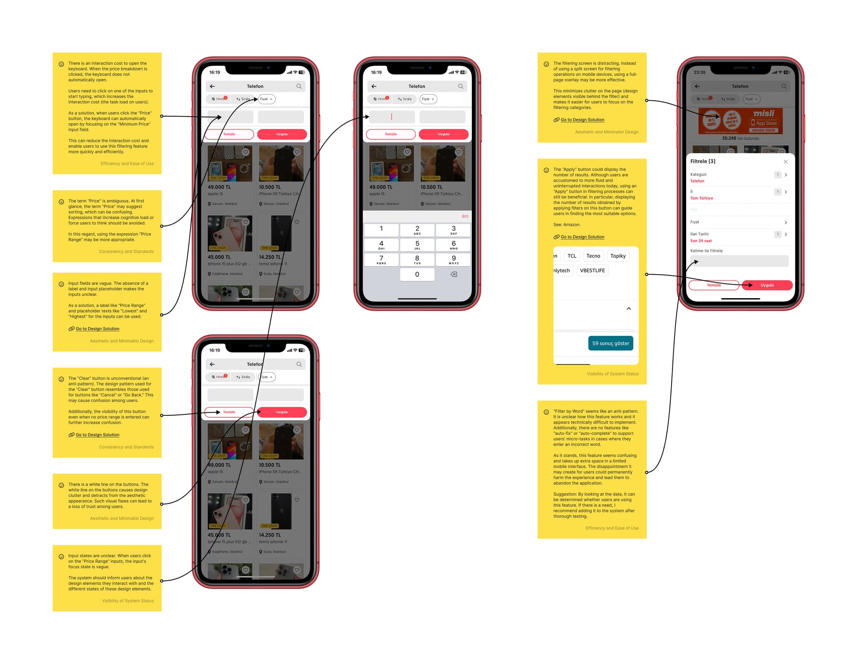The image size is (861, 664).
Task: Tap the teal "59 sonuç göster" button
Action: click(610, 343)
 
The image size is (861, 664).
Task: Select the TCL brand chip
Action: click(572, 256)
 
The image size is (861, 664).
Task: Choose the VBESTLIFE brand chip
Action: click(592, 270)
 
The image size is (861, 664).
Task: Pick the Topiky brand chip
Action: click(618, 256)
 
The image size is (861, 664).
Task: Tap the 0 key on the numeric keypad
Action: click(417, 274)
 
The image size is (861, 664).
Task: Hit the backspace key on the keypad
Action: click(454, 274)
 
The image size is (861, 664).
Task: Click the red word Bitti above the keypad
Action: click(465, 216)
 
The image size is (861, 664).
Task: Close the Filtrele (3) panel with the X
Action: click(785, 162)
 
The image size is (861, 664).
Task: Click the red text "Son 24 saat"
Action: click(701, 241)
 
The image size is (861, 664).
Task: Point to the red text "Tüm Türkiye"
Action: click(701, 198)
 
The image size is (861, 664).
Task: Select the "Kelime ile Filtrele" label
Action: click(706, 250)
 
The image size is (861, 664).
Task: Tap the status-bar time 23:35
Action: click(700, 72)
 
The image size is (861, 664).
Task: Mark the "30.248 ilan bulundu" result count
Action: click(740, 138)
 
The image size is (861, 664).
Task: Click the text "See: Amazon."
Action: click(567, 225)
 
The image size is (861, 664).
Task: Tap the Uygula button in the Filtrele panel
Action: click(767, 285)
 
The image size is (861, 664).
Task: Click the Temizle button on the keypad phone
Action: click(390, 134)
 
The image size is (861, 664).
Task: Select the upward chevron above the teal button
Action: click(629, 309)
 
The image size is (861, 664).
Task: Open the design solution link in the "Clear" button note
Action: click(97, 435)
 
